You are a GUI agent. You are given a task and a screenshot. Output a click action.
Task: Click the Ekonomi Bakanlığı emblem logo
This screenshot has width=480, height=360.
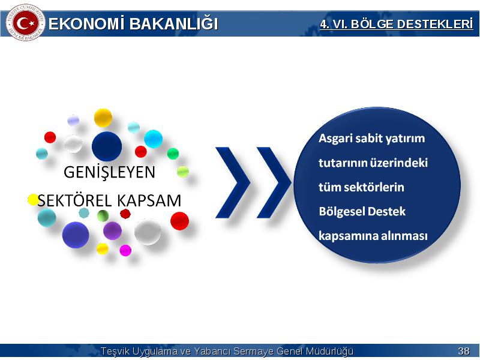(x=25, y=23)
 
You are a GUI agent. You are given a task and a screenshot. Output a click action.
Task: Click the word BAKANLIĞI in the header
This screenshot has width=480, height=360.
(x=173, y=24)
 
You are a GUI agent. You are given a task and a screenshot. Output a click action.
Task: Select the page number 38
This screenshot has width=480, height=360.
(x=463, y=351)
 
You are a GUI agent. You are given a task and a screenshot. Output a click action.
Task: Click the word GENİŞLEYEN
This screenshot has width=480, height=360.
(x=109, y=172)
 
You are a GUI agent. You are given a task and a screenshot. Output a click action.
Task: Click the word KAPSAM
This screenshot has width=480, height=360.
(x=149, y=201)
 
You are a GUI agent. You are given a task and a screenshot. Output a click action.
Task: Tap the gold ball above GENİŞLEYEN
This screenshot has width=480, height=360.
(x=103, y=118)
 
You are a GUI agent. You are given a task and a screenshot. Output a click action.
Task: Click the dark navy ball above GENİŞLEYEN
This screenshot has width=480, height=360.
(x=107, y=146)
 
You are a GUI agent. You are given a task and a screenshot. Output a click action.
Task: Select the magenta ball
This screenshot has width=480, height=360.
(x=125, y=250)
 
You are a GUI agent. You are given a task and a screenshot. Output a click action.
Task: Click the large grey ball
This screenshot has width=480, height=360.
(x=148, y=232)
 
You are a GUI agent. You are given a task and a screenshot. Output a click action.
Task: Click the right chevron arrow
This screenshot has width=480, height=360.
(x=274, y=183)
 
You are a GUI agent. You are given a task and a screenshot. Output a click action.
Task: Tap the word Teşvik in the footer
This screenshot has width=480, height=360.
(x=116, y=351)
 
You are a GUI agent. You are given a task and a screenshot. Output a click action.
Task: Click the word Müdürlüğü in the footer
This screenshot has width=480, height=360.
(x=330, y=351)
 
